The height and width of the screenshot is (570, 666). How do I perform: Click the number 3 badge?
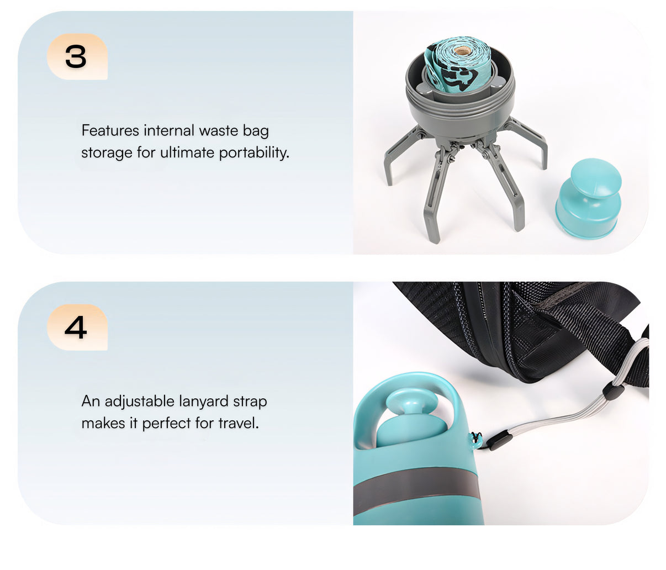[77, 56]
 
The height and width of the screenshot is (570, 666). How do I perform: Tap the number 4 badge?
[77, 327]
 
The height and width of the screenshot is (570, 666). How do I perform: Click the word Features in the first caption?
[110, 130]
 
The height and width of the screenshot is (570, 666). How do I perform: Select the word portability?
[254, 153]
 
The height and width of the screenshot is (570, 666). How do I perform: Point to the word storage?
[107, 154]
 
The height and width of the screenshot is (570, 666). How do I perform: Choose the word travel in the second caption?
[239, 423]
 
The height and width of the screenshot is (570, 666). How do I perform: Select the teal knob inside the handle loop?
[411, 417]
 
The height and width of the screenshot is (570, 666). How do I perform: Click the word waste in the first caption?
[219, 131]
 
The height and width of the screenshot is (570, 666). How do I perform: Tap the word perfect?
[167, 424]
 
